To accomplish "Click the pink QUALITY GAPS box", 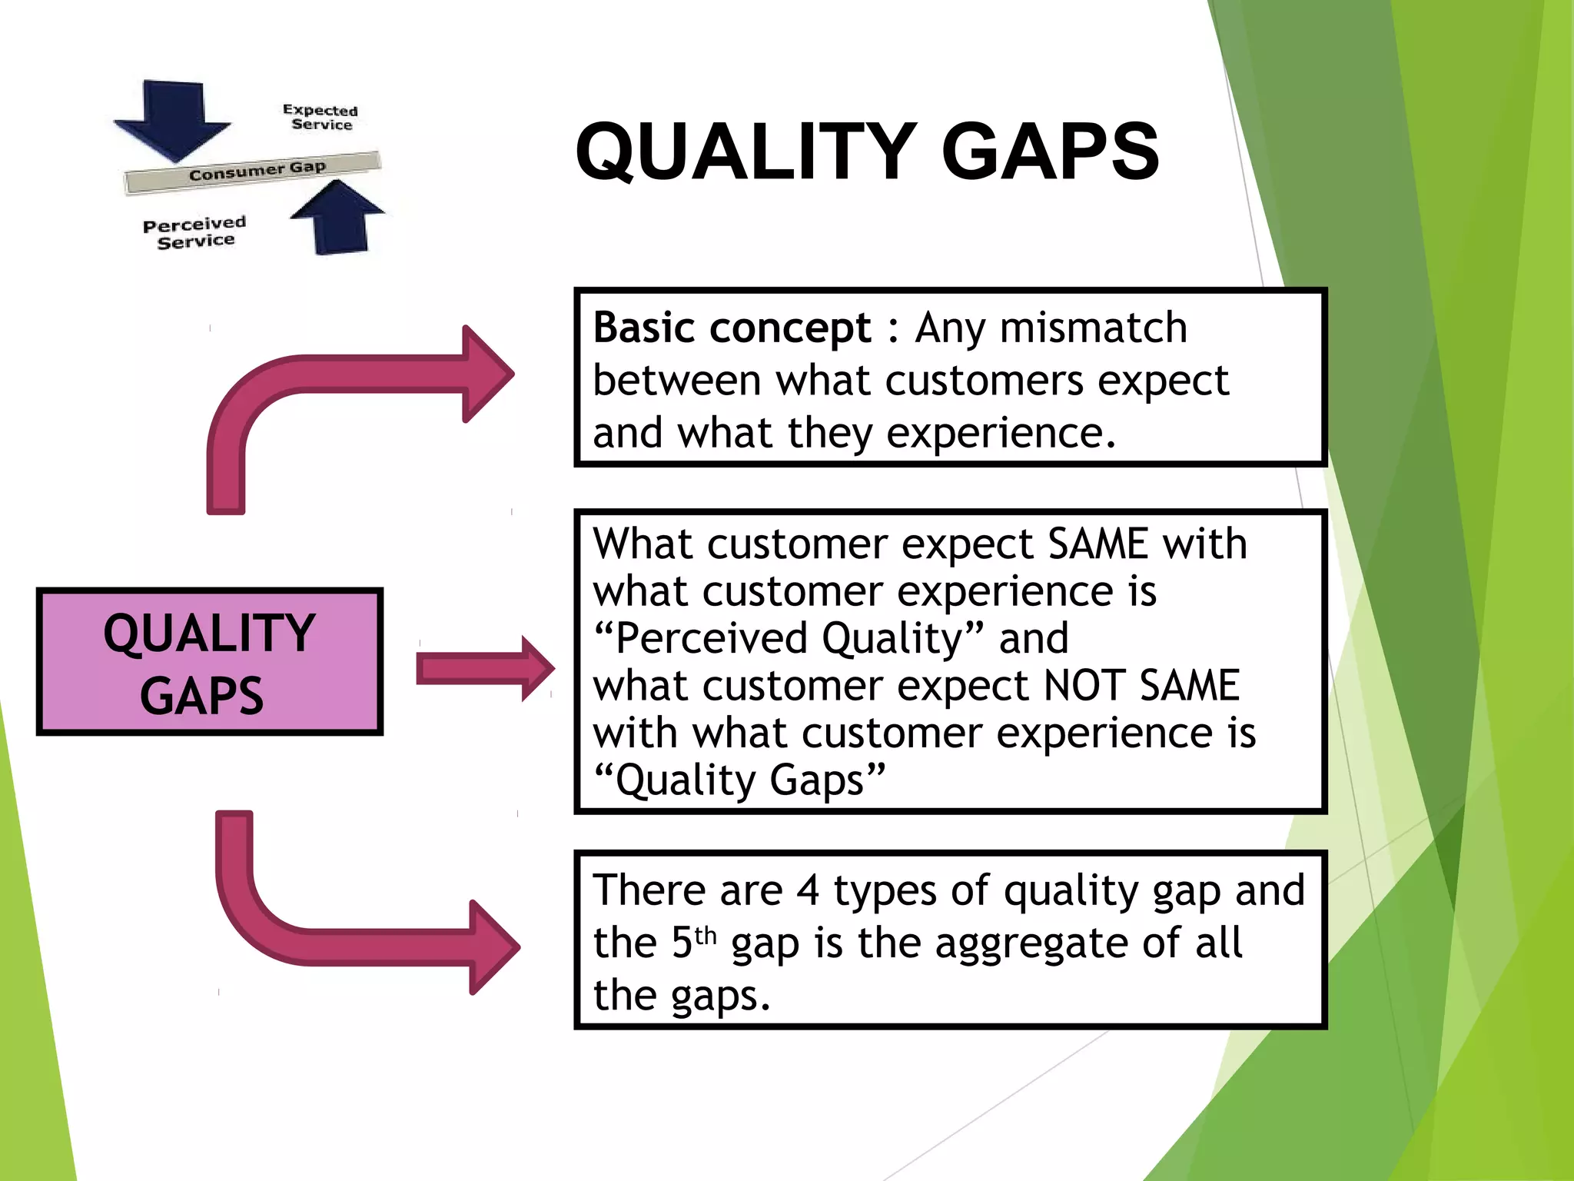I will click(209, 662).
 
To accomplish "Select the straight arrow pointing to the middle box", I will click(484, 668).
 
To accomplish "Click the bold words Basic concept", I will click(732, 328).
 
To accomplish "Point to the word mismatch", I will click(1094, 328).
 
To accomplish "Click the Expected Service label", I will click(320, 118).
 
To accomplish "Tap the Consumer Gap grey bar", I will click(254, 171).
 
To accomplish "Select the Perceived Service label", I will click(194, 232).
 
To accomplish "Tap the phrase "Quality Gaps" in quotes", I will click(740, 780).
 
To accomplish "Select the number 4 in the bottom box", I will click(808, 890).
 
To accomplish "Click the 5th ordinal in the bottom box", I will click(693, 942).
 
